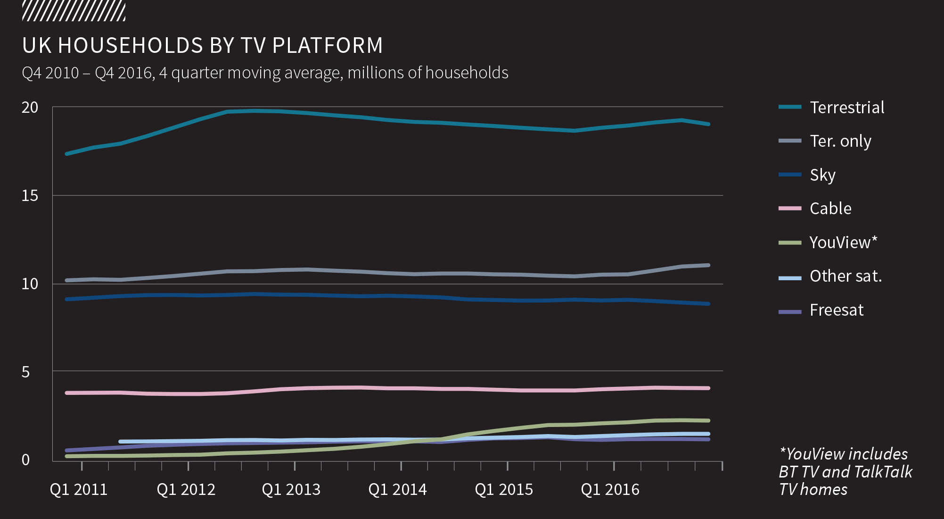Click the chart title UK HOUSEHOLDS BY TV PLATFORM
click(202, 46)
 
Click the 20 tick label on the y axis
click(30, 108)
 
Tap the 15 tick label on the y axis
click(30, 196)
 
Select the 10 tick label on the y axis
click(30, 284)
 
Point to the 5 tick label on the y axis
click(25, 372)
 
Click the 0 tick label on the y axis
click(25, 460)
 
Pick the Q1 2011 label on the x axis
click(79, 490)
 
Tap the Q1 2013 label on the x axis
click(291, 490)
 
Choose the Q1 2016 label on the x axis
click(610, 490)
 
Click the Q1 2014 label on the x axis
click(398, 490)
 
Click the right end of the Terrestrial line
click(708, 124)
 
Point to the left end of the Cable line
click(67, 393)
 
